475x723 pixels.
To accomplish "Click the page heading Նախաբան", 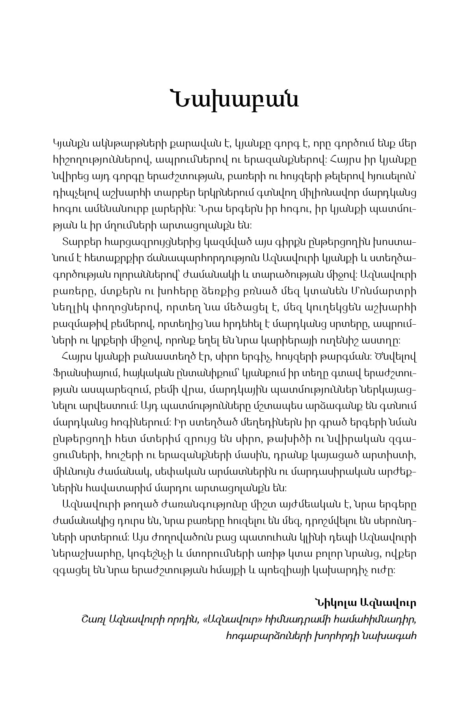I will click(235, 99).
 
